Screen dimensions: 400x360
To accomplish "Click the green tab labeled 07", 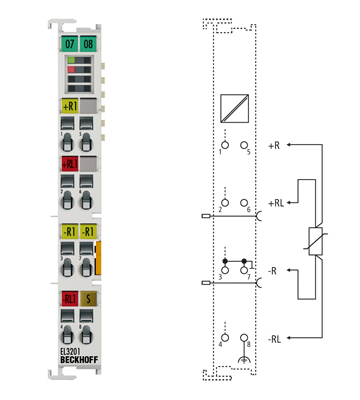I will coord(69,45).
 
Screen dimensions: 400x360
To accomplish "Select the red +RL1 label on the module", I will coord(69,163).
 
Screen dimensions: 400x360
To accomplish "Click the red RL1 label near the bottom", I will coord(69,297).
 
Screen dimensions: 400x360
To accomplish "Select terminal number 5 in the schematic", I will coord(248,151).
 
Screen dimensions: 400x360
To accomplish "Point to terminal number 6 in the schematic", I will coord(248,209).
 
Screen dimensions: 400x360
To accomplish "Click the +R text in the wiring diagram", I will coord(274,145).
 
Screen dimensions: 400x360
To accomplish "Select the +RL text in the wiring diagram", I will coord(276,202).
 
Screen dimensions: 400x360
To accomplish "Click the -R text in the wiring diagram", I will coord(274,270).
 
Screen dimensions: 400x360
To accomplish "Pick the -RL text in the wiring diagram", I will coord(275,338).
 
